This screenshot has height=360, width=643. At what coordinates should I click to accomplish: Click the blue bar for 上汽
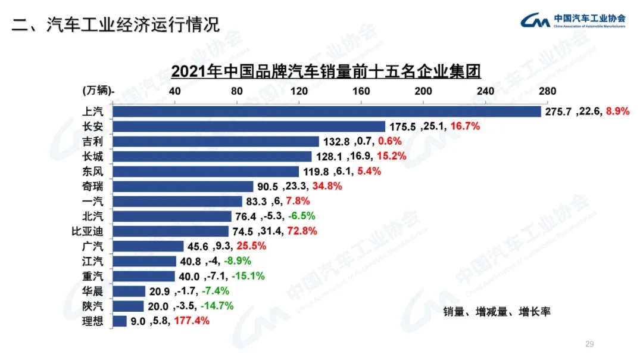tap(326, 111)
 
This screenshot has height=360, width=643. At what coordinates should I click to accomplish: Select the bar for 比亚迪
tap(170, 231)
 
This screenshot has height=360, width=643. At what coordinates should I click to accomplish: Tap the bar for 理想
tap(119, 321)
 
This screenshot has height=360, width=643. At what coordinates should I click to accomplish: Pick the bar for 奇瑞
tap(183, 186)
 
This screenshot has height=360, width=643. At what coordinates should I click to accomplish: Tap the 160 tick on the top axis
tap(361, 91)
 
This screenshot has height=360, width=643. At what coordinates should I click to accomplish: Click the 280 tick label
tap(547, 91)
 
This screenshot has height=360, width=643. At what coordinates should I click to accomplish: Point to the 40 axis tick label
tap(175, 91)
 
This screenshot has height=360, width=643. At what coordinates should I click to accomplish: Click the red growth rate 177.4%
tap(191, 321)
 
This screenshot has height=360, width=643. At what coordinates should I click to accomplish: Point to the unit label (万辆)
tap(97, 91)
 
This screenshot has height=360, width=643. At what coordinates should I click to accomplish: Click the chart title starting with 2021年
tap(326, 72)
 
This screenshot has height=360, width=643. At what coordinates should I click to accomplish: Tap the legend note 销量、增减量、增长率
tap(497, 312)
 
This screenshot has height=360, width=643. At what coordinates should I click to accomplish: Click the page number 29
tap(590, 344)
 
